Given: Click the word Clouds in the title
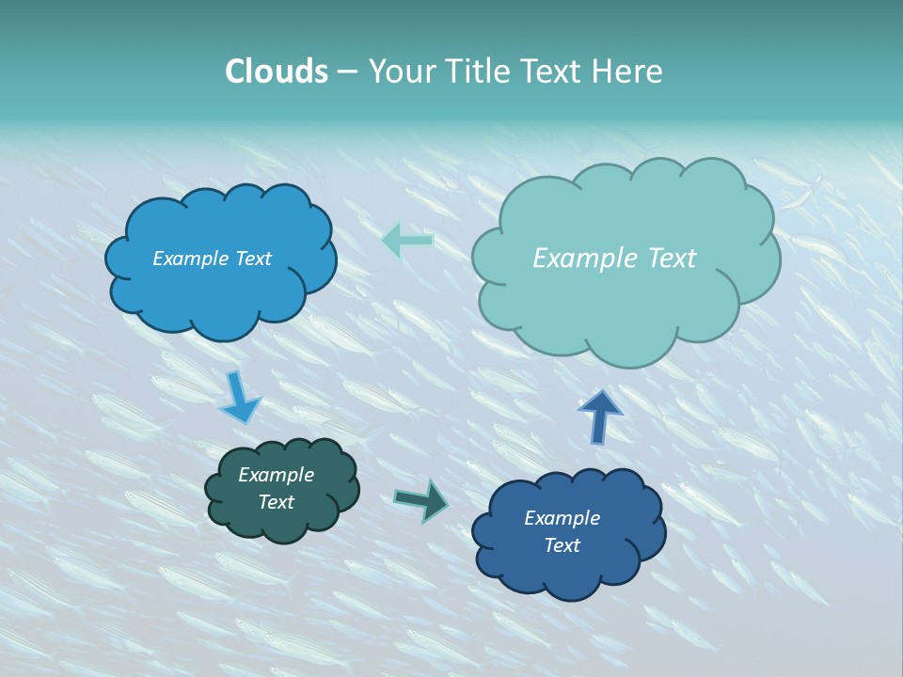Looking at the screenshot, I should pyautogui.click(x=276, y=71).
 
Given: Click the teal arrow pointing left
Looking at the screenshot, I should pyautogui.click(x=407, y=241).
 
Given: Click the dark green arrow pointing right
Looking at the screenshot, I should pyautogui.click(x=422, y=500).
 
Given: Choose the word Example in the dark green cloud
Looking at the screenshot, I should pyautogui.click(x=276, y=475).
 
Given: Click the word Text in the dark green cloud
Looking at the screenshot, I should pyautogui.click(x=276, y=502).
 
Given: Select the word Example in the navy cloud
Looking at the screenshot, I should pyautogui.click(x=562, y=518).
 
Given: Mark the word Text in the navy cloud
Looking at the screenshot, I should pyautogui.click(x=562, y=545).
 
